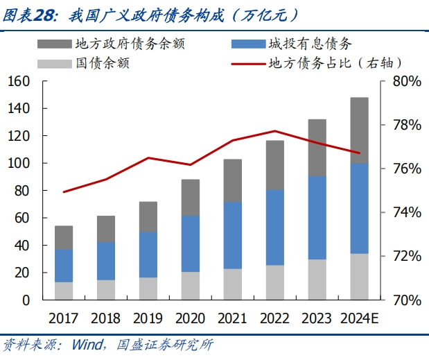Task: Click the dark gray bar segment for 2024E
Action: point(359,130)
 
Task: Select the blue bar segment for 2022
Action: point(275,228)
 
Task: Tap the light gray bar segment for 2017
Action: point(64,291)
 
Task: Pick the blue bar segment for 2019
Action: point(148,255)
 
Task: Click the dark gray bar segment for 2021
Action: point(233,180)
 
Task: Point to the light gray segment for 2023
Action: point(317,280)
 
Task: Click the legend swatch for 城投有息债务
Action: point(245,44)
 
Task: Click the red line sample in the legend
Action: point(245,63)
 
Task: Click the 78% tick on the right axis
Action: point(406,126)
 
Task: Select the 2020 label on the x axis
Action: point(190,320)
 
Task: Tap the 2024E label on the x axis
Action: point(359,320)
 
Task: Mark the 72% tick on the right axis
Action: point(406,257)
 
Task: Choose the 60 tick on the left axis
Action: point(23,218)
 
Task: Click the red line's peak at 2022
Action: point(275,131)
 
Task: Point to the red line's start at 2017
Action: point(64,191)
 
